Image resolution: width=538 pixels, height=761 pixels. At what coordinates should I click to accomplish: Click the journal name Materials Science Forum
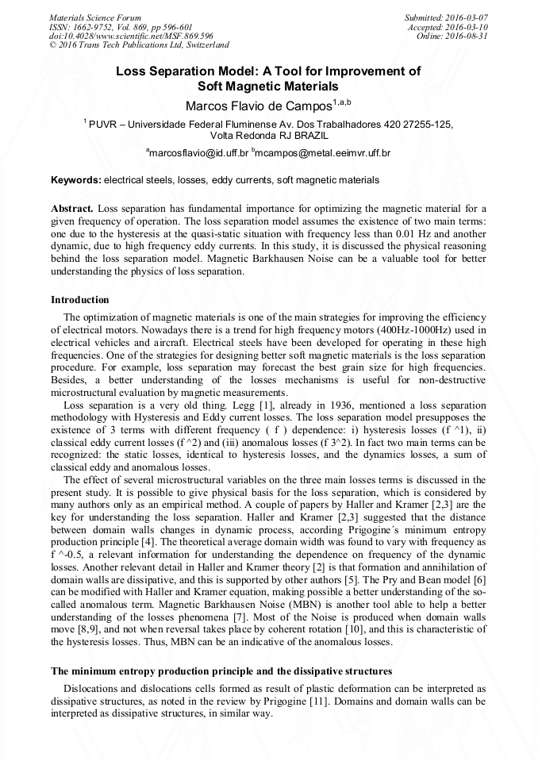pos(95,17)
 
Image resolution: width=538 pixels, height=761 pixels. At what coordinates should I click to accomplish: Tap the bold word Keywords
pos(75,180)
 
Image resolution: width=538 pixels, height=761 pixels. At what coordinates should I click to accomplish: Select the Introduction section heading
pos(80,300)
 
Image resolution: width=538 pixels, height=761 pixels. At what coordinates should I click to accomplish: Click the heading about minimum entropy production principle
pos(221,671)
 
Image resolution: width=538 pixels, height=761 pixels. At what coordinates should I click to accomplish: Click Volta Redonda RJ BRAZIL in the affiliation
pos(268,135)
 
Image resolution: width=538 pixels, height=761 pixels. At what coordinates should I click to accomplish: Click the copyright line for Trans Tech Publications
pos(139,46)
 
